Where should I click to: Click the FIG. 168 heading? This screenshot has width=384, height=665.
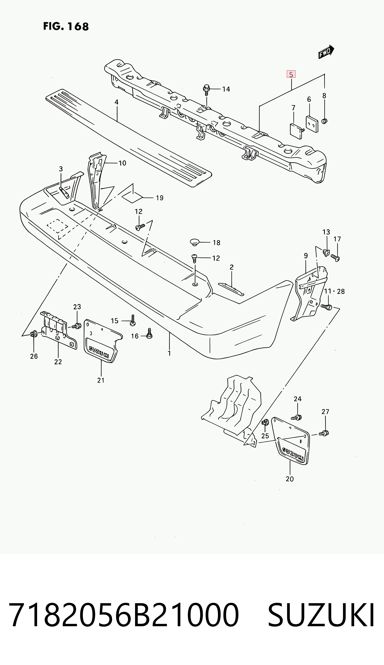click(x=66, y=27)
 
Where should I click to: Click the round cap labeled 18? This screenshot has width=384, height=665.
click(x=195, y=242)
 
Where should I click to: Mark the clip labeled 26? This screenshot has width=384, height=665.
click(x=33, y=334)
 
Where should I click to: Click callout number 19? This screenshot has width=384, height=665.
click(x=160, y=198)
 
